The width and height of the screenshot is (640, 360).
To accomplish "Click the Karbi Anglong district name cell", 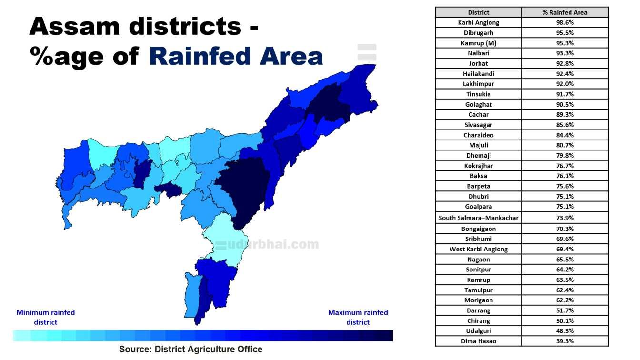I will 479,22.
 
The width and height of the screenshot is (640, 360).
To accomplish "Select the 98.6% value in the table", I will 565,22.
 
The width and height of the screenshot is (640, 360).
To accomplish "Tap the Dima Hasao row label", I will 479,341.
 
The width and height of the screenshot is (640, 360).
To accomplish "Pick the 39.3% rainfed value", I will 565,341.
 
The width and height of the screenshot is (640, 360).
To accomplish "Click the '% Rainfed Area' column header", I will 565,12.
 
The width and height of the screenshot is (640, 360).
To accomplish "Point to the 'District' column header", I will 479,12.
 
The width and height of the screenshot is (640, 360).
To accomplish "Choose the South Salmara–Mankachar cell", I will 479,218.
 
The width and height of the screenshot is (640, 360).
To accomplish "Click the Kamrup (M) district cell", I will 479,43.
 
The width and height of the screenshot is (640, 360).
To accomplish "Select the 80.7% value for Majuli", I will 565,145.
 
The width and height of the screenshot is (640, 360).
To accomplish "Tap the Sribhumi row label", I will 479,239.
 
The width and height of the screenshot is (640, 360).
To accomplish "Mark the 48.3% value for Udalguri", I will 565,331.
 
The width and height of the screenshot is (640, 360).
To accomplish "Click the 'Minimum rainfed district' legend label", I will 46,317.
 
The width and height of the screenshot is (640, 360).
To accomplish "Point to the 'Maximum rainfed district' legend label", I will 358,317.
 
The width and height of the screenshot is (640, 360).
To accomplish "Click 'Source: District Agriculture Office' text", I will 190,349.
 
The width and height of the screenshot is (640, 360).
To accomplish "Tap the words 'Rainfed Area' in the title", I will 236,56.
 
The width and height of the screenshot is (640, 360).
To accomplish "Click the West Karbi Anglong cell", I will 479,249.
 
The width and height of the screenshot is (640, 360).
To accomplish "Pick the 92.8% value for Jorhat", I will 565,63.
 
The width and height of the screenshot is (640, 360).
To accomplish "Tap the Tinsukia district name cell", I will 479,94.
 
